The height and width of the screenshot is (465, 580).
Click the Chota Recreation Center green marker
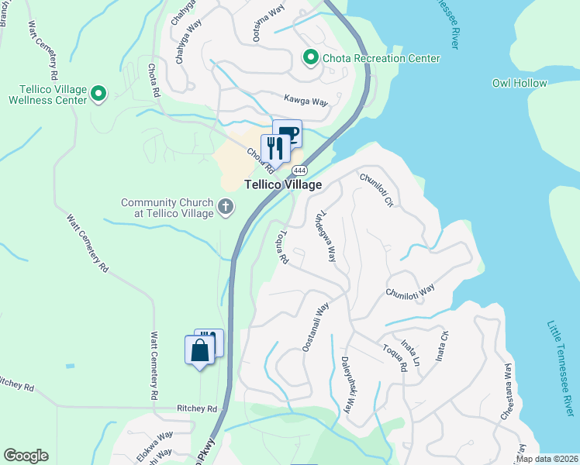310,58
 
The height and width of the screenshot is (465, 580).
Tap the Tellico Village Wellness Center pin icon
98,94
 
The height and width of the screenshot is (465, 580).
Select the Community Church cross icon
226,206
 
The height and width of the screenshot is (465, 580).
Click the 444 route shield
300,170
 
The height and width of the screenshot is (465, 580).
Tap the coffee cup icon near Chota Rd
288,133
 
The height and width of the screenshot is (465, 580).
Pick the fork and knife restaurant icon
274,147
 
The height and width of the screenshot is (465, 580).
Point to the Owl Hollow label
520,83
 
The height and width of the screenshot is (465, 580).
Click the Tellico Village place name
283,184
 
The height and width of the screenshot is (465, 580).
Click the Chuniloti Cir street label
377,189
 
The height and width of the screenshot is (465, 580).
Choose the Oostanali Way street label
316,327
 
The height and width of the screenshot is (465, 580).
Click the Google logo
26,456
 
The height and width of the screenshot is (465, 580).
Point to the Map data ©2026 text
547,459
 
